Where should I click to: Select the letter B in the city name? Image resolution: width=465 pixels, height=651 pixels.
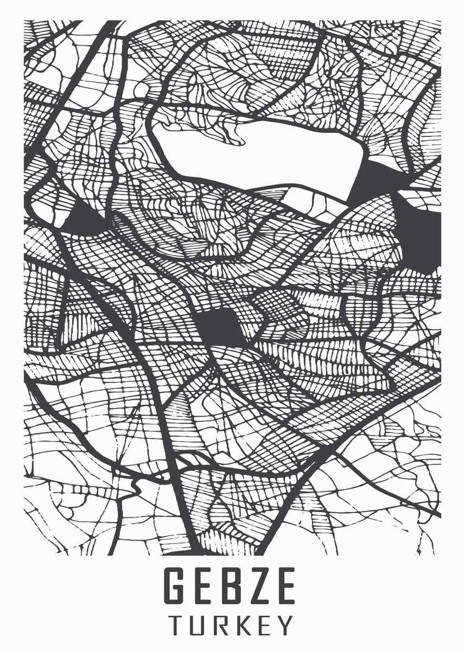click(233, 586)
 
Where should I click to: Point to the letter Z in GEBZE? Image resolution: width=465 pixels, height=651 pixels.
click(260, 586)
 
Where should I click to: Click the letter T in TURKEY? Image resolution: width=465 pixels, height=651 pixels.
click(176, 625)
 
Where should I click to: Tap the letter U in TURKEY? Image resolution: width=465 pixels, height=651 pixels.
click(198, 625)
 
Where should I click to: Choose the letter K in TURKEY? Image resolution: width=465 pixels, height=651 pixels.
click(243, 625)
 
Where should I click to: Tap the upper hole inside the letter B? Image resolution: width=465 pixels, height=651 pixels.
click(233, 578)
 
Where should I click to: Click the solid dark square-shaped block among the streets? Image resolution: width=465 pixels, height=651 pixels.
click(219, 325)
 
